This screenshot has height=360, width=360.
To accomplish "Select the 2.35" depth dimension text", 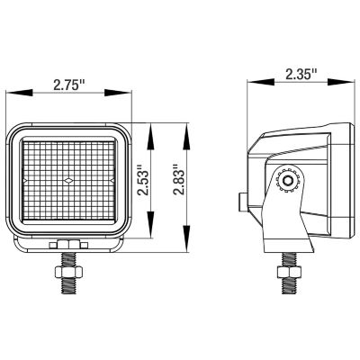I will point(301,74).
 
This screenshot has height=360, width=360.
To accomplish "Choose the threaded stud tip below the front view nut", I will point(69,290).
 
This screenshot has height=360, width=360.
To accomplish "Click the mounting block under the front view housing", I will point(69,244).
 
